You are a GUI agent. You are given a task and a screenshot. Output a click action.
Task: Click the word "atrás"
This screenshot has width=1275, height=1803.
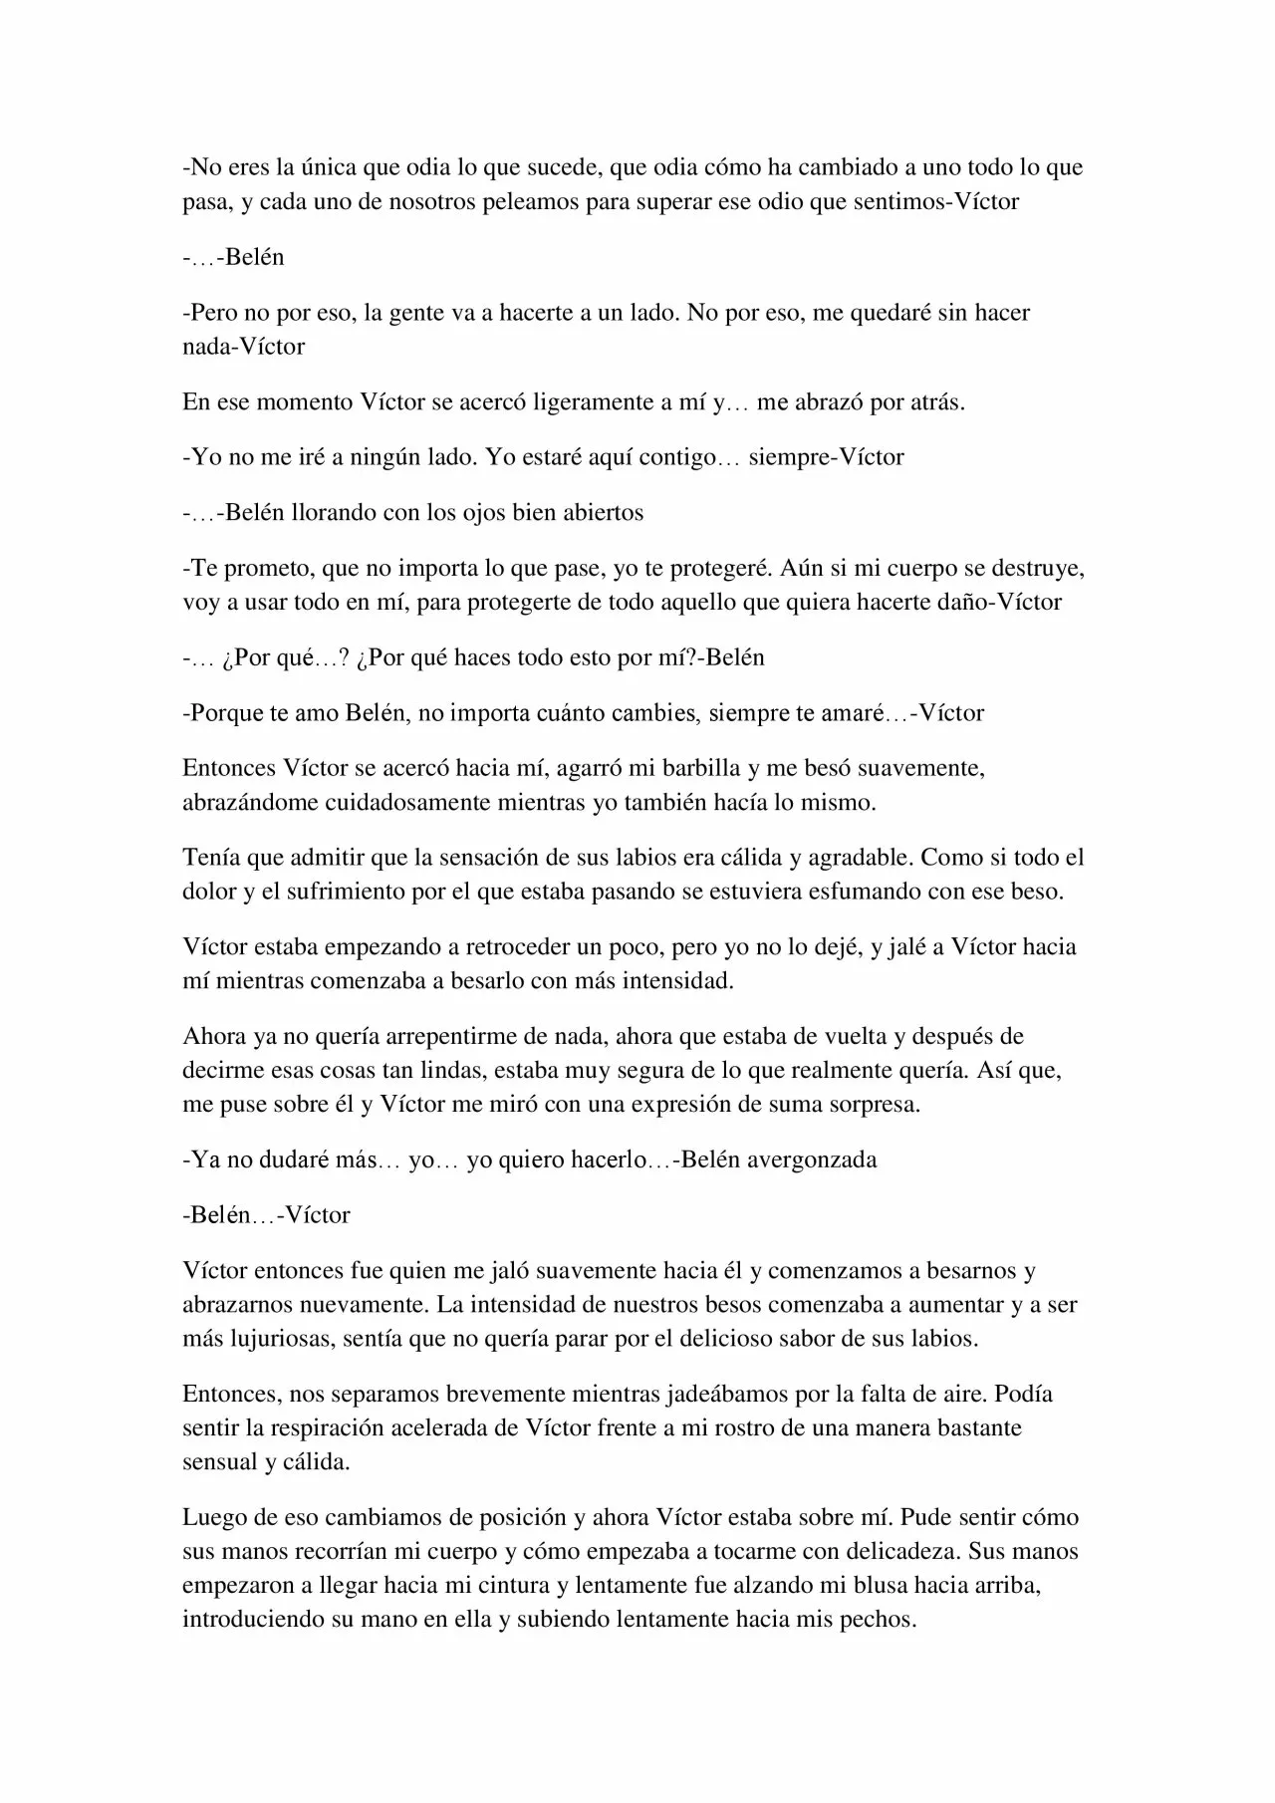[934, 402]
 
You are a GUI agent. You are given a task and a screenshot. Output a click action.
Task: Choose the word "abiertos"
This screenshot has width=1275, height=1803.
[601, 513]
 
